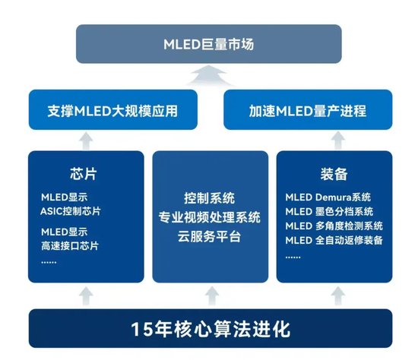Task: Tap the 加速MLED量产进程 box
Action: [x=306, y=111]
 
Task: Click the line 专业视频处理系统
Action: [x=210, y=218]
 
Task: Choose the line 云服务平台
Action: [x=210, y=237]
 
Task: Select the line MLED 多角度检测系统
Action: [x=334, y=226]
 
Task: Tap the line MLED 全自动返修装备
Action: [x=334, y=241]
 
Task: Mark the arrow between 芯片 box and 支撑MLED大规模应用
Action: [x=85, y=140]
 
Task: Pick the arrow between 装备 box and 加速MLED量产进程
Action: [x=334, y=140]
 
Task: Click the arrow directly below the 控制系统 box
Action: [x=210, y=294]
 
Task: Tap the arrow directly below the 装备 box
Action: [x=334, y=294]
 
